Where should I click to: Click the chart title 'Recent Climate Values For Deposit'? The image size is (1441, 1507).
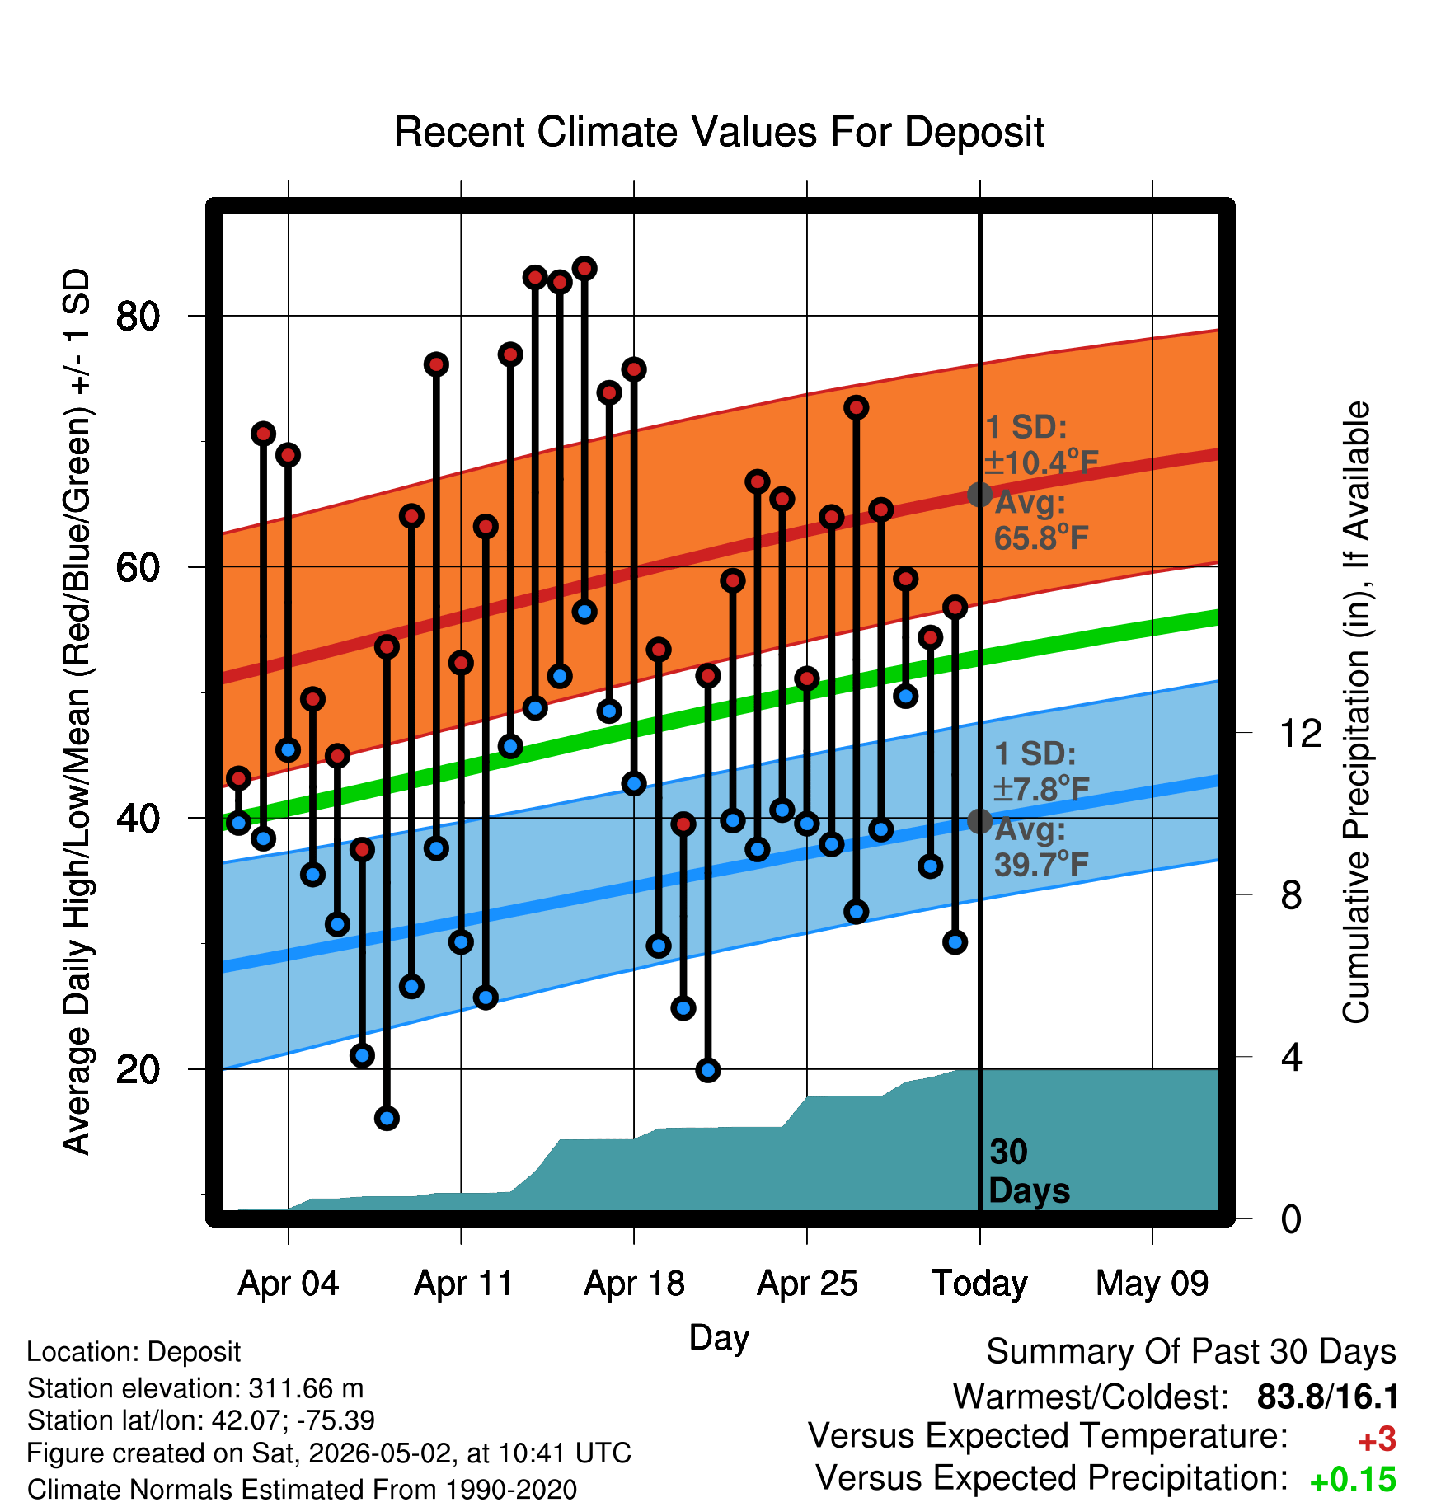(719, 132)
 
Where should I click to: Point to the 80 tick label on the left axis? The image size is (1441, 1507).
(138, 316)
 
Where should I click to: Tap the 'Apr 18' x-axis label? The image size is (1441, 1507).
(634, 1284)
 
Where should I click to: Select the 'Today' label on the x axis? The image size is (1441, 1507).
(979, 1284)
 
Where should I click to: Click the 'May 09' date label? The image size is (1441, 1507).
(1152, 1284)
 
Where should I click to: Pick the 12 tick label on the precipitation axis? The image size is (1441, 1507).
(1301, 732)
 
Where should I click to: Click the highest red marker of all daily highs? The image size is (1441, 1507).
(584, 268)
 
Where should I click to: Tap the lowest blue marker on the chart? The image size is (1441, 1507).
(387, 1118)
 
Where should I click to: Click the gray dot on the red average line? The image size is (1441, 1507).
(979, 495)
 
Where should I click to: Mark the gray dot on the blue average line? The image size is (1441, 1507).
(979, 821)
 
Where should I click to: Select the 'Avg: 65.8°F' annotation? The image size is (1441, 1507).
(1040, 520)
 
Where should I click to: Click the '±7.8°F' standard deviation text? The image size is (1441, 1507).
(1041, 789)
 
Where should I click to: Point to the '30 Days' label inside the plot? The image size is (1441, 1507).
(1029, 1171)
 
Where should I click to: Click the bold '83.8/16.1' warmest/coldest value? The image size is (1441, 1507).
(1327, 1397)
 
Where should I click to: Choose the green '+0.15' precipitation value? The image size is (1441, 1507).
(1353, 1480)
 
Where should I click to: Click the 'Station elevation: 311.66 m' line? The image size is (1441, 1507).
(195, 1388)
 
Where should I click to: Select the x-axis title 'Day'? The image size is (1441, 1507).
(719, 1337)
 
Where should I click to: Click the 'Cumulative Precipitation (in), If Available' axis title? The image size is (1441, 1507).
(1356, 712)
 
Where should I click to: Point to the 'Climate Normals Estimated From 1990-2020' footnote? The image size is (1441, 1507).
(302, 1489)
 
